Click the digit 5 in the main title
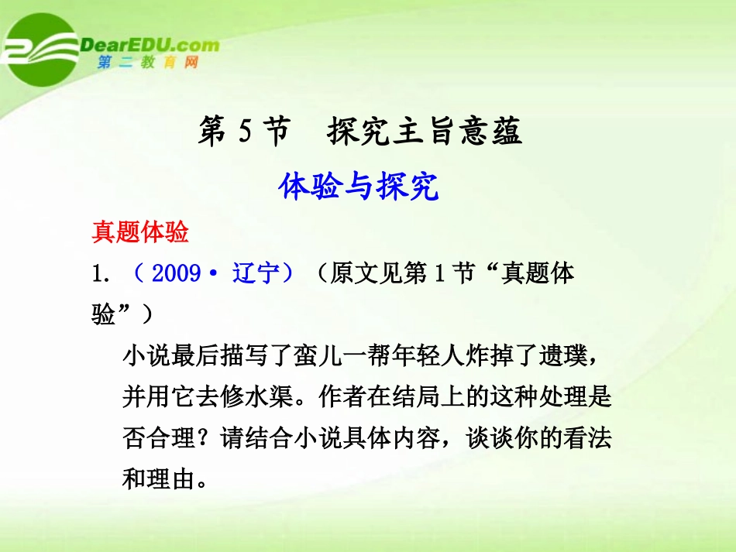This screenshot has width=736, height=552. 245,132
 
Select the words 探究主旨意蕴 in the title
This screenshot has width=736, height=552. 425,132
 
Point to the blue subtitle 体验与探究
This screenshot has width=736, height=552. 359,187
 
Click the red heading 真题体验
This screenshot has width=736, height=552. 140,232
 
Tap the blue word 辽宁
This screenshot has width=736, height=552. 256,273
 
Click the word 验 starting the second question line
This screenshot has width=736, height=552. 104,315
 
